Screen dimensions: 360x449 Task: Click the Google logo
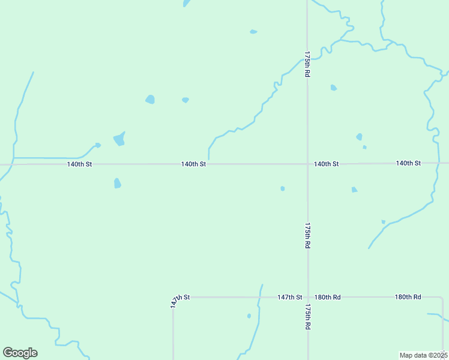coord(20,353)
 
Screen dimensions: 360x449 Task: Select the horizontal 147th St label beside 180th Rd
coord(289,297)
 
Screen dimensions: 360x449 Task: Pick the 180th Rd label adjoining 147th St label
coord(328,297)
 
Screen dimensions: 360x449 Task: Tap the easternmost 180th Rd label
coord(408,297)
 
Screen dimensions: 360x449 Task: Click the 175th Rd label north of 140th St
coord(307,64)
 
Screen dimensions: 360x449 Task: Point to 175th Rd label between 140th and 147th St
coord(307,236)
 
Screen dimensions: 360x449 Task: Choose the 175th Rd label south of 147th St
coord(307,317)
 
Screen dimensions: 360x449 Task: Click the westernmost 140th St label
coord(80,164)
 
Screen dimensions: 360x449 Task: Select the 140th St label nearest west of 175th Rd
coord(194,164)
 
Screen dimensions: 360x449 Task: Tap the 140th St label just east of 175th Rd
coord(327,164)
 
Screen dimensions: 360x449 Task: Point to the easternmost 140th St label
coord(408,163)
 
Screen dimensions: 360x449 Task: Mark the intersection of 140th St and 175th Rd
coord(307,164)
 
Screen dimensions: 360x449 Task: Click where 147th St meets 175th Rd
coord(308,297)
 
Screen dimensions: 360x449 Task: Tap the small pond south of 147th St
coord(249,316)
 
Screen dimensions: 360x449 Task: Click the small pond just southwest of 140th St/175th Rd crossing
coord(283,188)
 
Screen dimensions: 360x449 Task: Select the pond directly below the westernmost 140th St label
coord(118,183)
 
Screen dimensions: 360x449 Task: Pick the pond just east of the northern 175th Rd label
coord(334,88)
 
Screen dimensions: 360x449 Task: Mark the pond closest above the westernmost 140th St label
coord(119,140)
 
